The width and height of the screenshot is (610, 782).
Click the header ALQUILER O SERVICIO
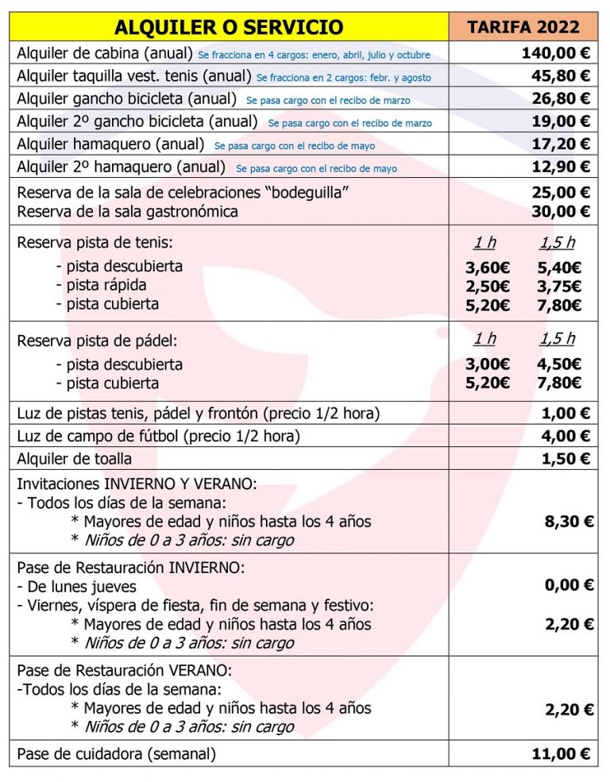pos(229,27)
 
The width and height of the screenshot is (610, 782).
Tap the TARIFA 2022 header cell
pos(523,27)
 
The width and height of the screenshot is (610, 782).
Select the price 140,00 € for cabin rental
pos(556,54)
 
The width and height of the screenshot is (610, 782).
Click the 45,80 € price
pos(561,76)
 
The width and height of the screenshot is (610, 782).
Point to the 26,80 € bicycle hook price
pos(561,98)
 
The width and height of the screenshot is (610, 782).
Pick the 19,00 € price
pos(561,121)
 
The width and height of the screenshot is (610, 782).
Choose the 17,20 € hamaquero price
pos(561,144)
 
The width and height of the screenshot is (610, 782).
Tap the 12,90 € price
pos(561,167)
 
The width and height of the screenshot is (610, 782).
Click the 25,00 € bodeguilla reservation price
pos(561,192)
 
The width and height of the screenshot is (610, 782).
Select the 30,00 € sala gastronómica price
pos(561,211)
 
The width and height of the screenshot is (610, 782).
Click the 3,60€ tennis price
pos(488,268)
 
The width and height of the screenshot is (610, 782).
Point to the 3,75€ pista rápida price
pos(560,287)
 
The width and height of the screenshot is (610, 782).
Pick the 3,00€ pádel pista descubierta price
pos(488,364)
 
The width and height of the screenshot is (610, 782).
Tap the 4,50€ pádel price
pos(560,364)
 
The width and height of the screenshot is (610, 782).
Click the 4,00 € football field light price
pos(566,436)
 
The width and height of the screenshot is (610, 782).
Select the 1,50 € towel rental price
pos(566,459)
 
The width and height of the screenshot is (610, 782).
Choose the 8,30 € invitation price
pos(568,522)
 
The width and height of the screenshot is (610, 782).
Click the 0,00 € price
pos(568,585)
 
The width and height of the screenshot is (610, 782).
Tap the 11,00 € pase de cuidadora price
pos(561,754)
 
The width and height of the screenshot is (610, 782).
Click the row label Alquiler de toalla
pos(75,459)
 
